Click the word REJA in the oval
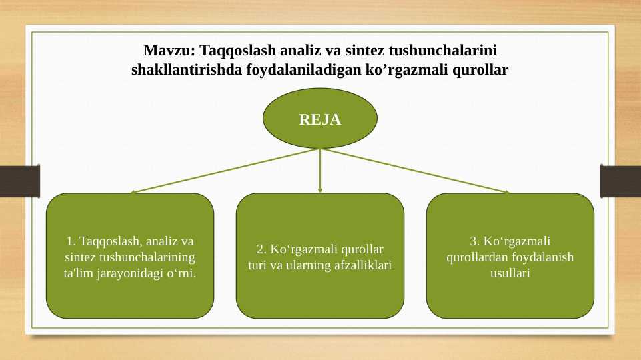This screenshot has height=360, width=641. tap(320, 120)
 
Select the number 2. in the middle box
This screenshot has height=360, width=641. tap(262, 249)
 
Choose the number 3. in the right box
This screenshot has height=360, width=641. tap(475, 241)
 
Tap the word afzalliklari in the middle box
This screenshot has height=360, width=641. tap(361, 265)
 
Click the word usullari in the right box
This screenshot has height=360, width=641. tap(510, 273)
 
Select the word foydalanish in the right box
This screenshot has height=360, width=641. tap(545, 257)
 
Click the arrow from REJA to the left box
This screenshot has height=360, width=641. tap(227, 170)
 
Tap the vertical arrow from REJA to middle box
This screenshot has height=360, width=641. tap(320, 171)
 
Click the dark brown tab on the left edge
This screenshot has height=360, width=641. tap(19, 181)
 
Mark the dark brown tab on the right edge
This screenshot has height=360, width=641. tap(621, 181)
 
